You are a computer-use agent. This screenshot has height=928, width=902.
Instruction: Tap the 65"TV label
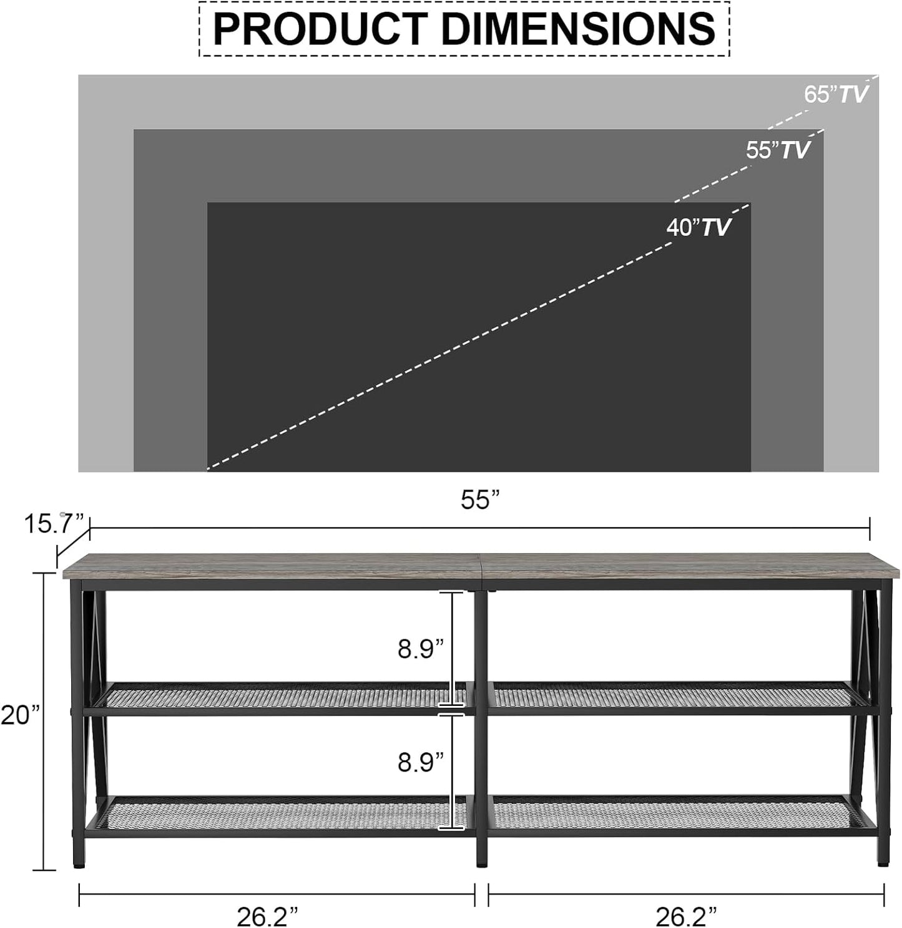(835, 94)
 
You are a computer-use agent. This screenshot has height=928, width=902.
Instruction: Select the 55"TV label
(778, 150)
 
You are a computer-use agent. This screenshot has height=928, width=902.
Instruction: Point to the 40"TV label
(698, 227)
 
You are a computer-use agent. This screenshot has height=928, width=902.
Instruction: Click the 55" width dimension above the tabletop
(481, 500)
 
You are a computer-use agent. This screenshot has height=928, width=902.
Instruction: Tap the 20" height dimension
(20, 715)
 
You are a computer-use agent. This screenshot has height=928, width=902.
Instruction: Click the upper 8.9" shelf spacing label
(421, 649)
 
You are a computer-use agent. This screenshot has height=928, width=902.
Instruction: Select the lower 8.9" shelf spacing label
(421, 762)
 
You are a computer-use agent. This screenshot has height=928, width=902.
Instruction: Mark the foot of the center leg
(481, 864)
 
